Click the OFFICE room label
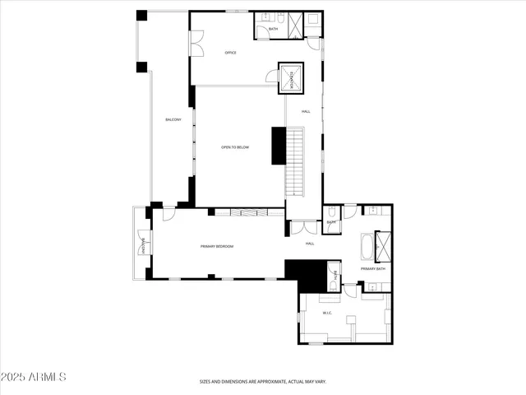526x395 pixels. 231,53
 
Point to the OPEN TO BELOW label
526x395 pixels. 235,147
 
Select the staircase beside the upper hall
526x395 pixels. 295,160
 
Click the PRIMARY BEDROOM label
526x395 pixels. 218,246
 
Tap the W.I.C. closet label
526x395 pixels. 327,313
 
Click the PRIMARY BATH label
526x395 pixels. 373,269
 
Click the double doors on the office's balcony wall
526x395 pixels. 196,44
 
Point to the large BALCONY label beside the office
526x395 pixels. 173,120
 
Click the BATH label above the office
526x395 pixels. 273,30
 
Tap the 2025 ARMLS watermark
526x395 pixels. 33,377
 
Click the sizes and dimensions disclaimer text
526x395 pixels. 263,382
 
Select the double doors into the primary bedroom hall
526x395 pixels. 302,228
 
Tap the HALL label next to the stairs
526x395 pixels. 306,111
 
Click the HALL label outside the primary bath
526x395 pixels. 311,244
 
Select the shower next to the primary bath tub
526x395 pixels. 383,246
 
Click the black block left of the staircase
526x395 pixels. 278,146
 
